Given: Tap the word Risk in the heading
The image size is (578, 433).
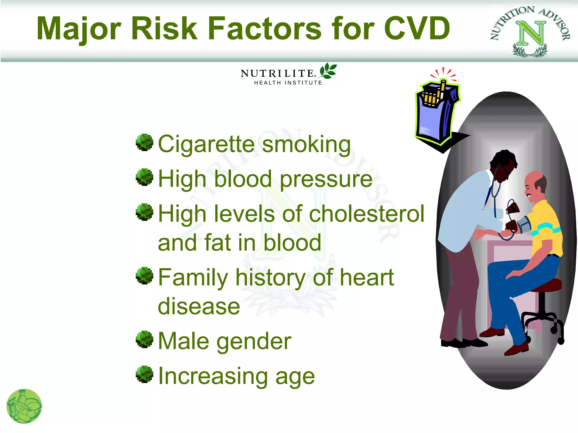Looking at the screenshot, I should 164,28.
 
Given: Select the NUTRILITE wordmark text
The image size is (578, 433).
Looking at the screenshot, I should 277,73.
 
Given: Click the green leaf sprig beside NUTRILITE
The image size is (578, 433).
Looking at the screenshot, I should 328,71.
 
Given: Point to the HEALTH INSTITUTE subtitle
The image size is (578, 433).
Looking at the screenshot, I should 288,83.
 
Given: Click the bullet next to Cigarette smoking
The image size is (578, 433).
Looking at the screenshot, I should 144,142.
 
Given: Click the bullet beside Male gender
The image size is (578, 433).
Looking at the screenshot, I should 144,339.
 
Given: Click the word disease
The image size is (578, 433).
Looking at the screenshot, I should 199,307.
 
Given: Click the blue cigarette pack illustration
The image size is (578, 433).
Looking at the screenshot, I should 436,113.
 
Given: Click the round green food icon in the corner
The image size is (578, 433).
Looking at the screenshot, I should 24,406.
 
